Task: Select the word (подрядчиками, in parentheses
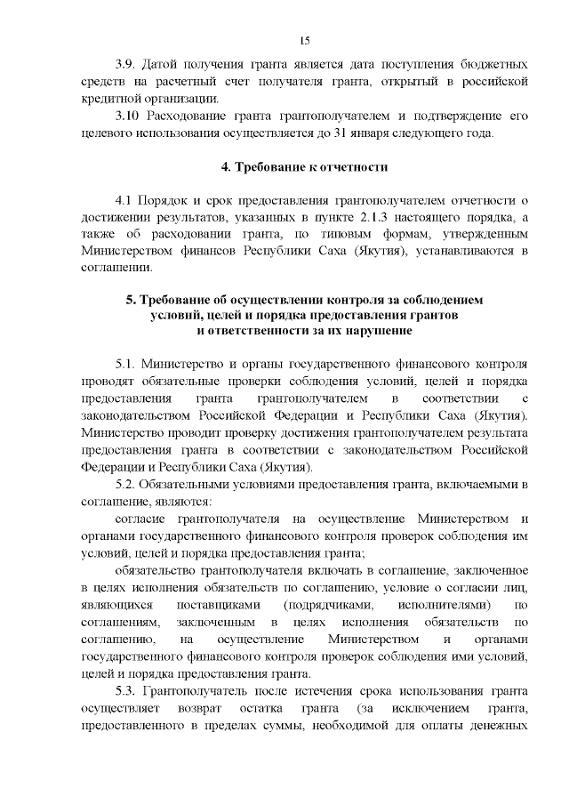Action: coord(321,605)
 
